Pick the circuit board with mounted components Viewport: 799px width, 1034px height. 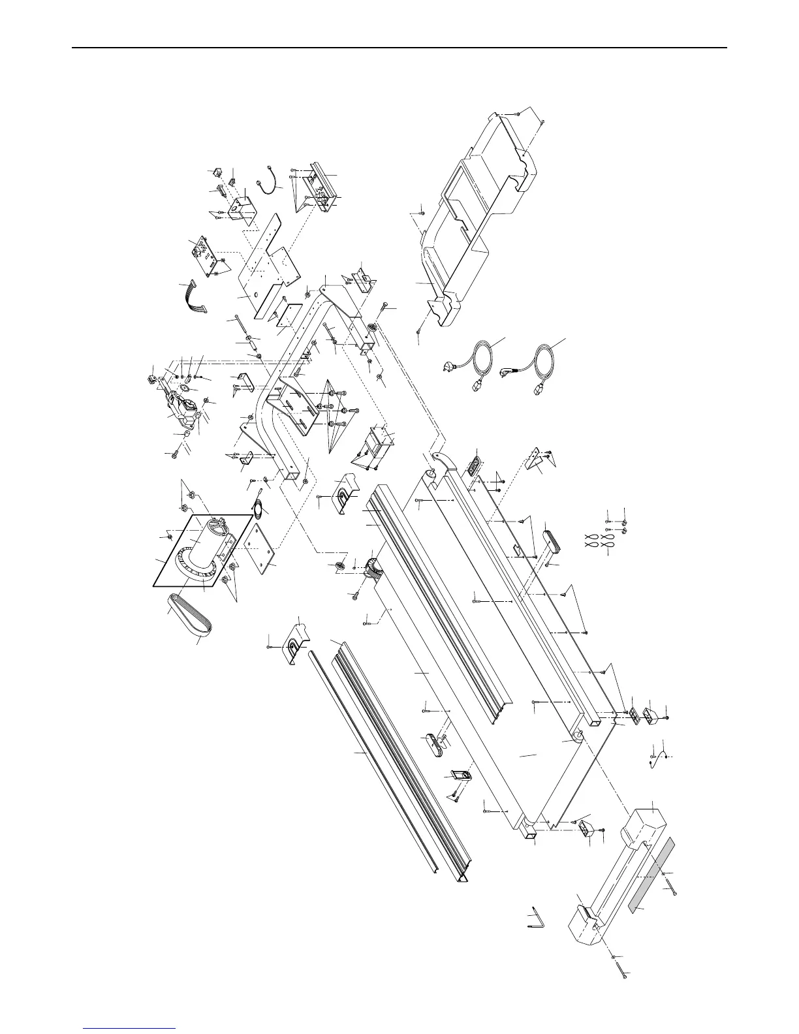tap(206, 256)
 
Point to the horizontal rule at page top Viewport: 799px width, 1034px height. tap(399, 48)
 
